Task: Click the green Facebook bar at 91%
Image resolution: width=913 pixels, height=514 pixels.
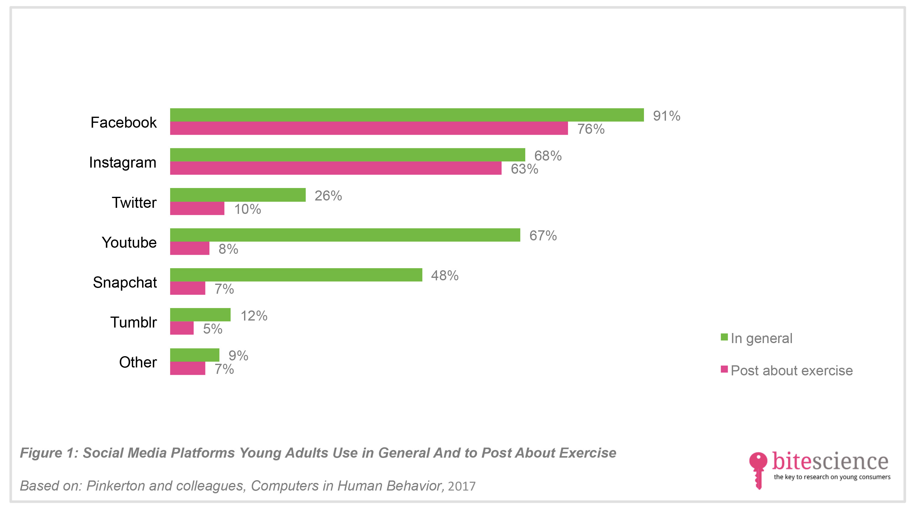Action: click(407, 115)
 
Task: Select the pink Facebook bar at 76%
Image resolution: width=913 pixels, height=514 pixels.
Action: click(369, 128)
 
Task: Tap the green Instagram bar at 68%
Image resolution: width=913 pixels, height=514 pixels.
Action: click(348, 155)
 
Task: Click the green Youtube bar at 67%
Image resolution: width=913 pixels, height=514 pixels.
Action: click(345, 235)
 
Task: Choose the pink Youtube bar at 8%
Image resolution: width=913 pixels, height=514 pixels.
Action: click(190, 248)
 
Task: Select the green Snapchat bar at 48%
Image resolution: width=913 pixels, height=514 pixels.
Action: click(296, 275)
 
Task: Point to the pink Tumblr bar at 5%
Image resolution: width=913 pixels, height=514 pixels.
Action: click(182, 328)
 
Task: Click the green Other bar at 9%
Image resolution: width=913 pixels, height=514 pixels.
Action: click(194, 355)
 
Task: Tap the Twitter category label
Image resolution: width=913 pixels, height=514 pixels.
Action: click(134, 203)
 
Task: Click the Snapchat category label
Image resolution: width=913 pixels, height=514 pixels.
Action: click(125, 283)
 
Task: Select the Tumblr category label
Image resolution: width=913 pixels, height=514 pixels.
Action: click(134, 322)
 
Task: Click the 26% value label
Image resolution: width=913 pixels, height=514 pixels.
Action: click(328, 196)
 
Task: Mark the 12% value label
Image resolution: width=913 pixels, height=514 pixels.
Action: click(254, 316)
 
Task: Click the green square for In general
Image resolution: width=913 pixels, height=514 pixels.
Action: click(724, 337)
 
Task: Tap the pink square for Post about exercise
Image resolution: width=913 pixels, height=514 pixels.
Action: click(724, 369)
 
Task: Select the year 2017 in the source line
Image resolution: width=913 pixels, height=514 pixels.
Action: click(461, 486)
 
